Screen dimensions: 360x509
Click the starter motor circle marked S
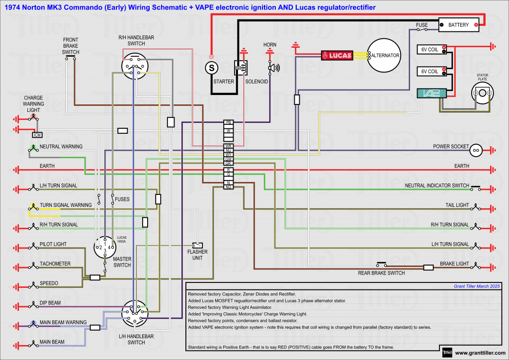(x=212, y=67)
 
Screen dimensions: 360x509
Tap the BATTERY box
(x=458, y=24)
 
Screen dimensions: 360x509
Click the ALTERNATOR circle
(x=384, y=55)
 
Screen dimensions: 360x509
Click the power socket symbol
(x=476, y=149)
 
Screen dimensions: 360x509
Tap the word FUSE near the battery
(x=422, y=25)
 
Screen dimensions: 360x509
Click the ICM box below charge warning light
(x=37, y=135)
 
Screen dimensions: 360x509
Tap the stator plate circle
(x=482, y=93)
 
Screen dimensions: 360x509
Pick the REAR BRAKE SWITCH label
(x=381, y=273)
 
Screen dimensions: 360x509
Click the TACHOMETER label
(x=55, y=264)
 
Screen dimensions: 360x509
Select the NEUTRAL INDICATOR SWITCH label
(x=436, y=185)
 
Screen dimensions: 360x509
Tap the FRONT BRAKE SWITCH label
(x=71, y=46)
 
